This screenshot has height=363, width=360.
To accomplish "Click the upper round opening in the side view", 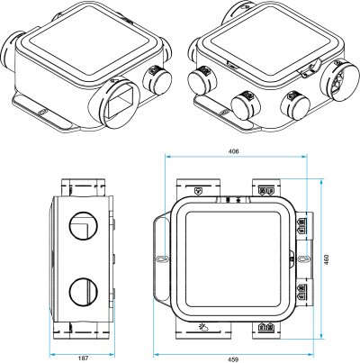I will [81, 221].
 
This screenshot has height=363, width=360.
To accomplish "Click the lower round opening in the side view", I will [81, 294].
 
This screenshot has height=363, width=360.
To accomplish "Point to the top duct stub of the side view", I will [82, 185].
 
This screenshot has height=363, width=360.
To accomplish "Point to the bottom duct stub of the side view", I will [82, 331].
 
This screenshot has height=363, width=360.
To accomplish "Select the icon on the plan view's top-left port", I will [198, 191].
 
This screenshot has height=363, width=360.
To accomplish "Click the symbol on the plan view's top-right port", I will [265, 191].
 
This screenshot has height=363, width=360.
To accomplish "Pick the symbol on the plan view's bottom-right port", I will [266, 327].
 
